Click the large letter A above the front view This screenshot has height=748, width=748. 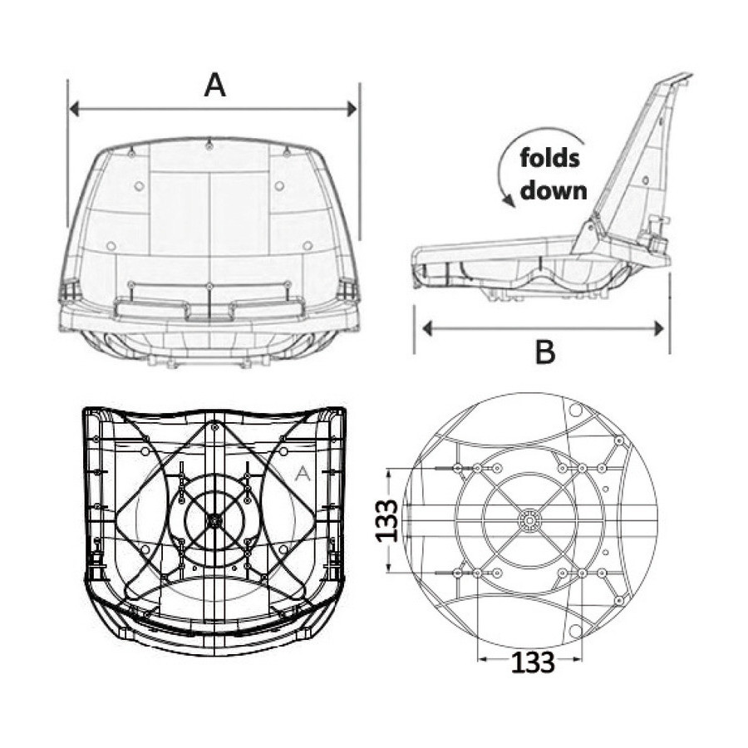[214, 86]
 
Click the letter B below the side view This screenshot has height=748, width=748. [545, 352]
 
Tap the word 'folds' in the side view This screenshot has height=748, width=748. [549, 158]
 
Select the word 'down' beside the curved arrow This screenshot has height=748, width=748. [554, 191]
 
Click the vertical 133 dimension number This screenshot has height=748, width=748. [386, 520]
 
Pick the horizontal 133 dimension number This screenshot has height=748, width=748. [533, 662]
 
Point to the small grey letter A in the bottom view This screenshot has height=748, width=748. [303, 474]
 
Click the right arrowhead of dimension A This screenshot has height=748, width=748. [352, 109]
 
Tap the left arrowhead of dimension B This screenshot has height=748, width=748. [427, 328]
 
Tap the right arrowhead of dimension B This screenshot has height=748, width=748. [659, 328]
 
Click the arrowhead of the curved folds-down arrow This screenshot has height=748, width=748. [510, 203]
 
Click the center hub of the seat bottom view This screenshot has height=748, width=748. [214, 521]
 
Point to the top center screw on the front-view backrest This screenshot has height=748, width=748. [209, 146]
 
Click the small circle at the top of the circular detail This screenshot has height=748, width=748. [576, 409]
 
